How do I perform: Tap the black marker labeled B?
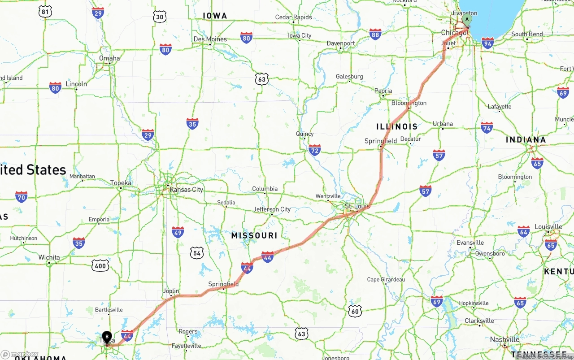(x=107, y=337)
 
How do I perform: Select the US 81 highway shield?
(x=45, y=12)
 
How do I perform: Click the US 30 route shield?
(x=160, y=17)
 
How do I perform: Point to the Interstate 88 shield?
(x=375, y=34)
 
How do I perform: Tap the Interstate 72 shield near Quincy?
(x=315, y=150)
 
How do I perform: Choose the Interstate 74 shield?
(x=487, y=127)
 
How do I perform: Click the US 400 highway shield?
(x=100, y=266)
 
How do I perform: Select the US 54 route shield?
(x=196, y=253)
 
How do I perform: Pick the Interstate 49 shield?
(x=178, y=232)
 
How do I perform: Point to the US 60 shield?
(x=355, y=311)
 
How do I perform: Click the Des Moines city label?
(x=210, y=39)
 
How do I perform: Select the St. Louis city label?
(x=357, y=206)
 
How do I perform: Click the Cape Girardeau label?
(x=386, y=279)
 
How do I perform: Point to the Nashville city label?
(x=504, y=339)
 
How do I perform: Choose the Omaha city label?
(x=109, y=58)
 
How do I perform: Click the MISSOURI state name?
(x=254, y=235)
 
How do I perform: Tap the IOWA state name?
(x=215, y=16)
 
